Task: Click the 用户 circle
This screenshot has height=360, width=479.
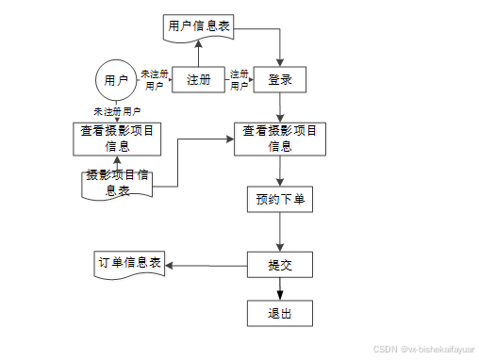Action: (116, 79)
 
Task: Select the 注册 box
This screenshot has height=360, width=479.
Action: (197, 80)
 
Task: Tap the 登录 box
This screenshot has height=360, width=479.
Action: (280, 80)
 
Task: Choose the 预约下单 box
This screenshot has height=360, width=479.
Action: (280, 200)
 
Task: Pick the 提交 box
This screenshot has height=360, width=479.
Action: (280, 265)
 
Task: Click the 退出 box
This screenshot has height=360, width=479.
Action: (280, 314)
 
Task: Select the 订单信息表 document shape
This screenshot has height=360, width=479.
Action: (130, 263)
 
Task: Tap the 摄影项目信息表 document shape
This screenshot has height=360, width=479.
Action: (117, 182)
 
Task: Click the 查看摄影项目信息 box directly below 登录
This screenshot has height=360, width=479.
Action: (280, 139)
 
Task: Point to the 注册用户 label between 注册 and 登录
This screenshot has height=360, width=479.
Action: (239, 79)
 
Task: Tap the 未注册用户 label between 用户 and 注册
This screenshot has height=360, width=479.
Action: (155, 79)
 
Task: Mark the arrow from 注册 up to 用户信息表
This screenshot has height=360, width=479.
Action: (197, 54)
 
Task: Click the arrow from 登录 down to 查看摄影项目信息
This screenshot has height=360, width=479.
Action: (280, 108)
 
